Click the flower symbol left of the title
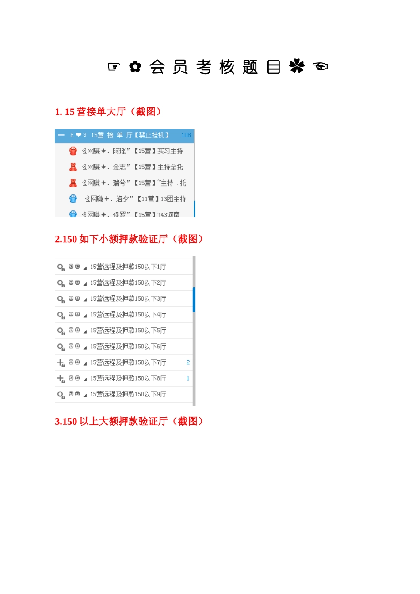(135, 67)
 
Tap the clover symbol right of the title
(297, 67)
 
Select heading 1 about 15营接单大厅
(108, 112)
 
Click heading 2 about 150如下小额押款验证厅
(129, 239)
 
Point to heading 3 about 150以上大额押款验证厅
(129, 421)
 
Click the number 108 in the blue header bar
(186, 135)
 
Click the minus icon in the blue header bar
(61, 135)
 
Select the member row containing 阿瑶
(132, 151)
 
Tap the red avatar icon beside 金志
(73, 167)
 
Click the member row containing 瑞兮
(134, 183)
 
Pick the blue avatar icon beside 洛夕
(73, 199)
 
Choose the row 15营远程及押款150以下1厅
(128, 267)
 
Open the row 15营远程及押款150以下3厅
(128, 299)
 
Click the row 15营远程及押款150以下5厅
(128, 331)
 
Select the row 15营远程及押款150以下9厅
(128, 394)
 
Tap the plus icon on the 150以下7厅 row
(61, 362)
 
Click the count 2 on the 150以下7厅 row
(188, 362)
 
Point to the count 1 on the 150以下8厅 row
(188, 378)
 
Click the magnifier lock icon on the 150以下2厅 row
(61, 283)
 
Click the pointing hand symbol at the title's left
(114, 67)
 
